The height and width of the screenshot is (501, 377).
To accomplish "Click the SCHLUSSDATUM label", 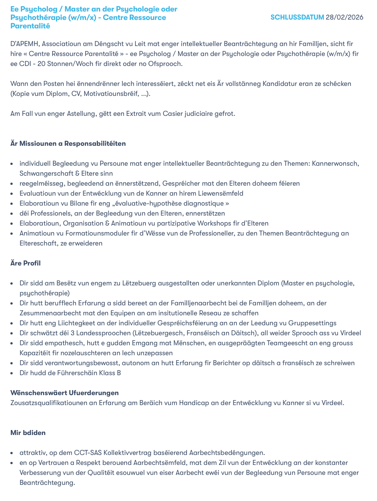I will (297, 17).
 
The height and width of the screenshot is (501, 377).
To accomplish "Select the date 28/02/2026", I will (344, 17).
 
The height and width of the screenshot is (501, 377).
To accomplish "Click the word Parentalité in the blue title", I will (30, 26).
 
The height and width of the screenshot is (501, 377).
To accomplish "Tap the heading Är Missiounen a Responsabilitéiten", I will (68, 143).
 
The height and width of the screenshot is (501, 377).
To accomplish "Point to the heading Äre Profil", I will (25, 263).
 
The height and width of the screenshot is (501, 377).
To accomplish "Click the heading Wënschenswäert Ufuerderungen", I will (64, 393).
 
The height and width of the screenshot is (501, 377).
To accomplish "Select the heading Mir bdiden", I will (28, 433).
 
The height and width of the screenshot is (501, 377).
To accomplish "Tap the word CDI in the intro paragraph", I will (25, 64).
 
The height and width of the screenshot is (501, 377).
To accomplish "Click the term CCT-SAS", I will (88, 453).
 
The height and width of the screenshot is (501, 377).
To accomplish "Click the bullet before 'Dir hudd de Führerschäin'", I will (12, 373).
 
